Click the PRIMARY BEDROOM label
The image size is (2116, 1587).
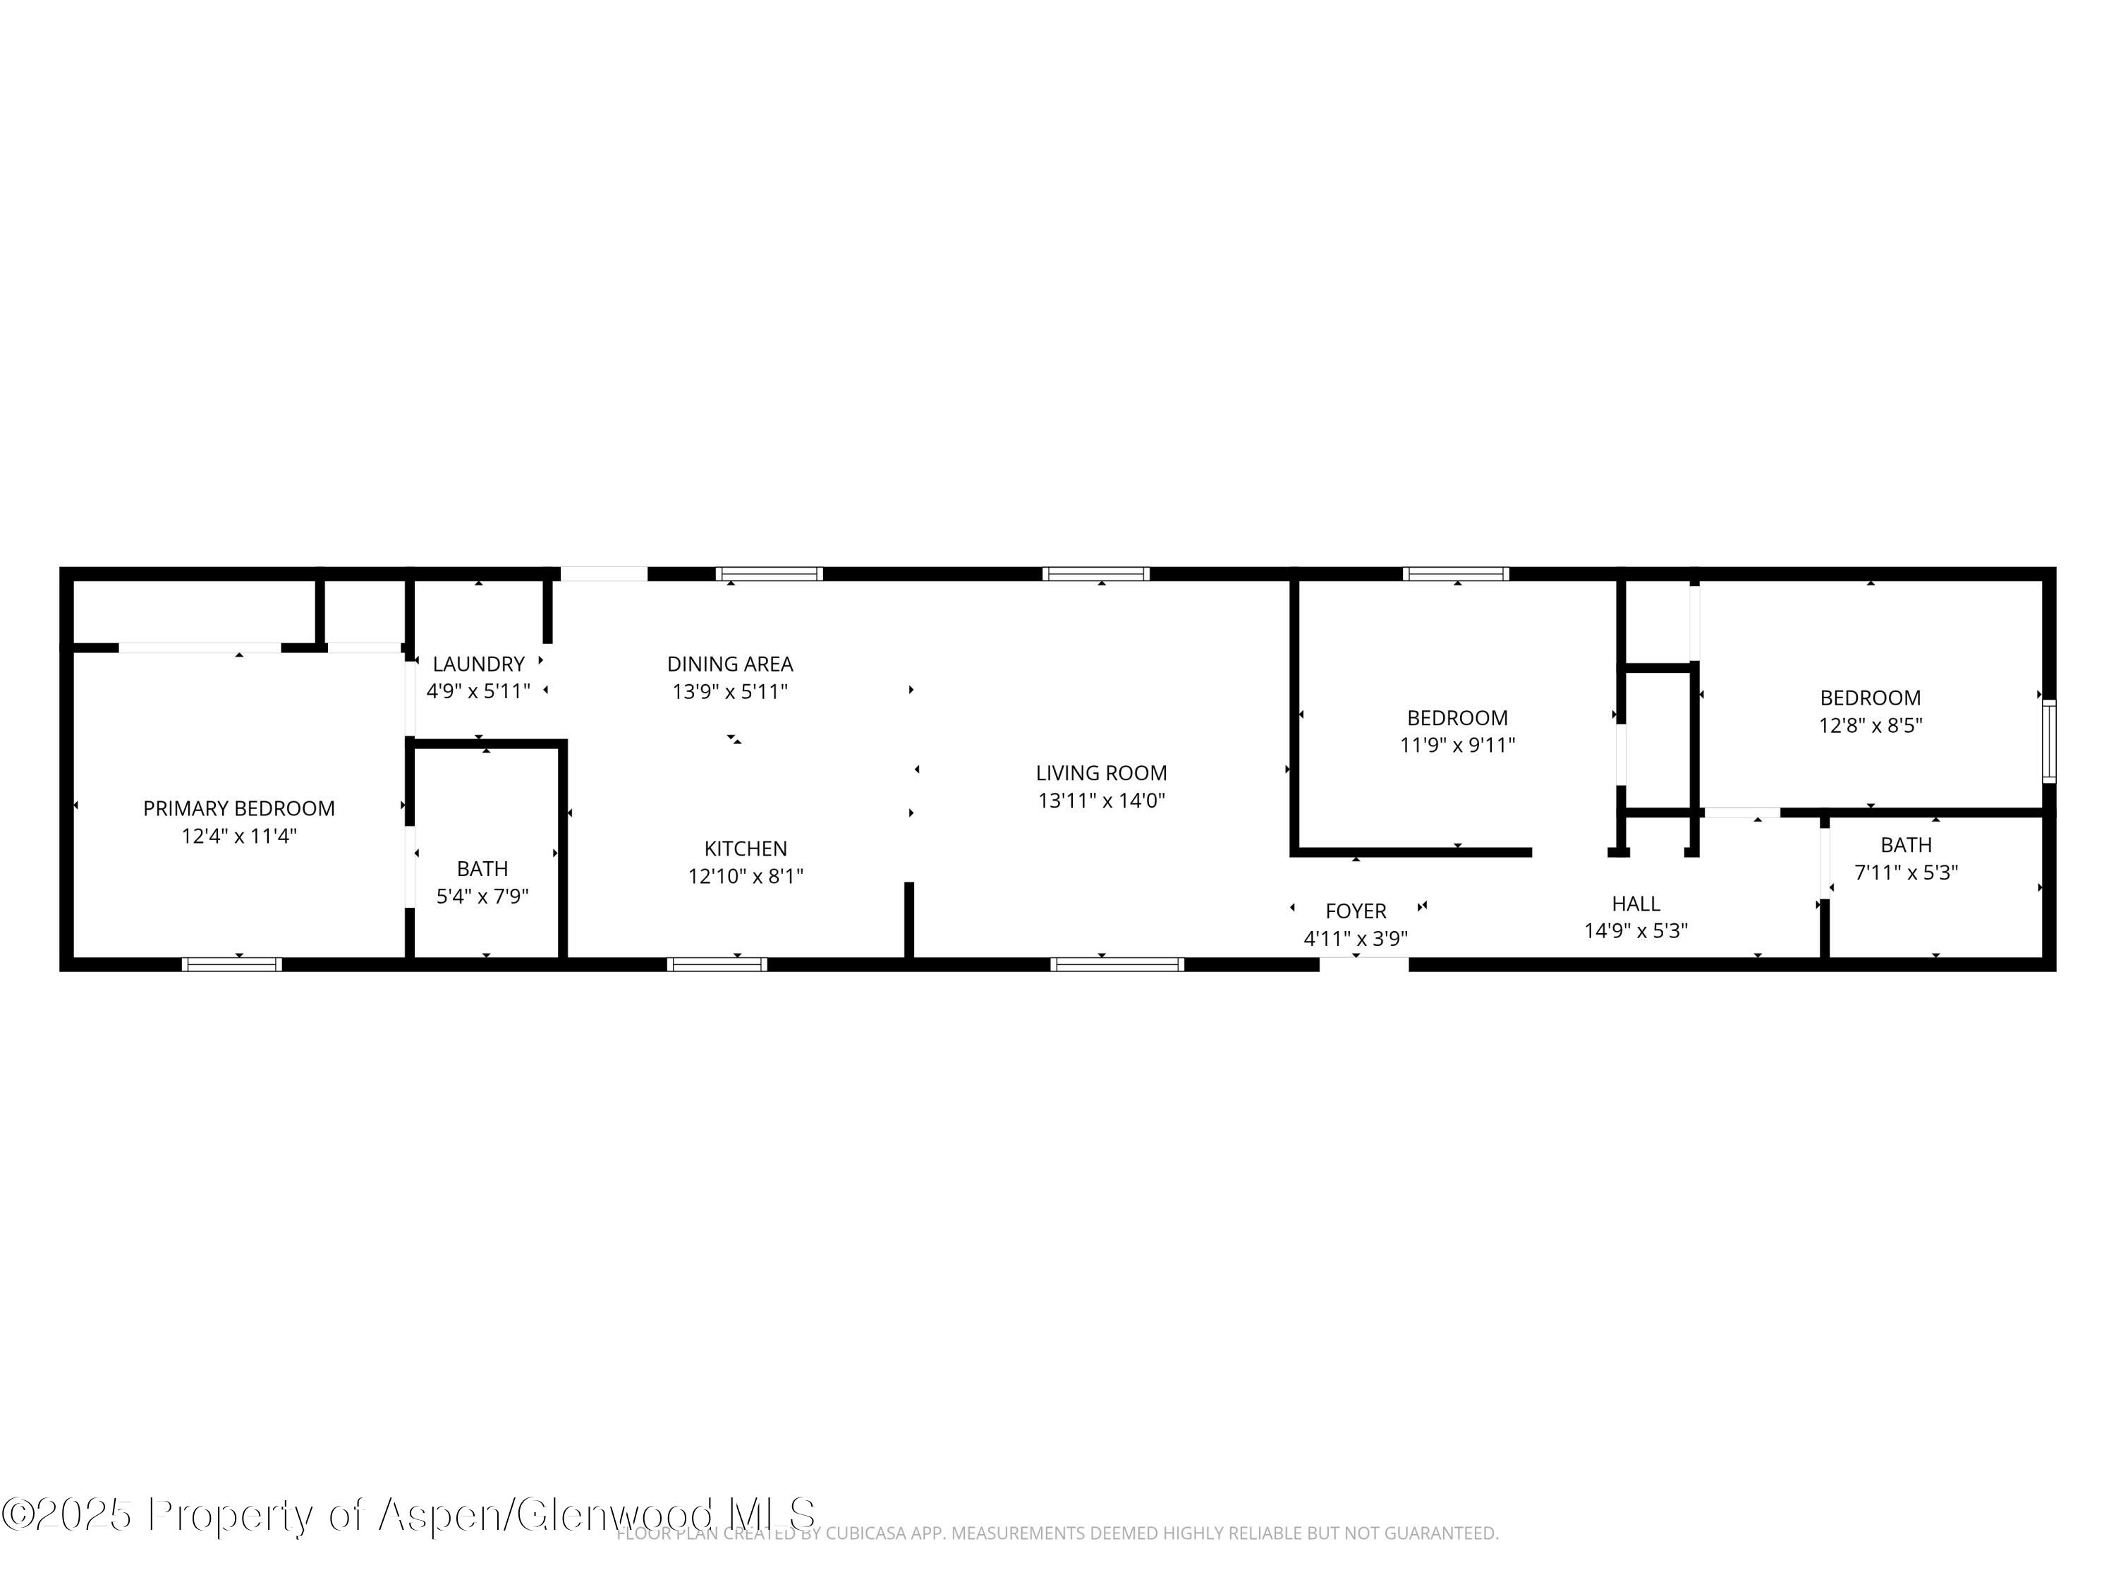[239, 808]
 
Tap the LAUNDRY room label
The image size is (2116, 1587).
[478, 664]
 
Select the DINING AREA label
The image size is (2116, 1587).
[730, 664]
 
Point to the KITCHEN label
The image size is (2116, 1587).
[746, 849]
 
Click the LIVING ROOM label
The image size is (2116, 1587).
[1101, 773]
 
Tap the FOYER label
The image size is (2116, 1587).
[1356, 911]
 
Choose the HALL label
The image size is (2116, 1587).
[1636, 903]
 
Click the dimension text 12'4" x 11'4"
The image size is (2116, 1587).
[239, 836]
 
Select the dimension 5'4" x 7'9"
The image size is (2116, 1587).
[482, 896]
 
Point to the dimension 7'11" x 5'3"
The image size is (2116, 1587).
[1907, 872]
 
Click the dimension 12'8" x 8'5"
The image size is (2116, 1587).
[1870, 725]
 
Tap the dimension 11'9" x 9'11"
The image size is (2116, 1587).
[1457, 746]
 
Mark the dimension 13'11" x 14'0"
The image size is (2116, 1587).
[1101, 801]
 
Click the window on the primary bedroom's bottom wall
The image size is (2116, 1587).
[231, 964]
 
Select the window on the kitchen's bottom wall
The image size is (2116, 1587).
[717, 964]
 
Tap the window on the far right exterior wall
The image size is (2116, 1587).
[2049, 741]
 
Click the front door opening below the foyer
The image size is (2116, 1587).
[1364, 964]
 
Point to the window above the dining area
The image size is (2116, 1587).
[769, 574]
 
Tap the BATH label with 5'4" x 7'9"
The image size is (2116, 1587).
[482, 868]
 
